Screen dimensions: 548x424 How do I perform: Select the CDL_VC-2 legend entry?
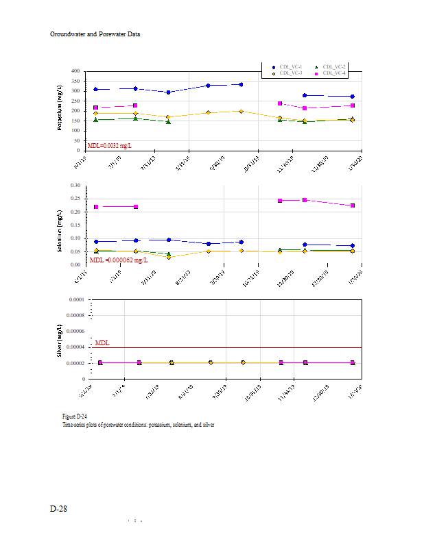(x=334, y=66)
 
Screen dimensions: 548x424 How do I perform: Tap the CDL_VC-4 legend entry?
(x=334, y=73)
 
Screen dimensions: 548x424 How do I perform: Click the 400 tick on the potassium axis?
(x=76, y=71)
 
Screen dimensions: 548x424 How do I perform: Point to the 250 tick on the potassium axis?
(x=76, y=100)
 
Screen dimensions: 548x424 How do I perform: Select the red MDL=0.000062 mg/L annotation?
(x=119, y=260)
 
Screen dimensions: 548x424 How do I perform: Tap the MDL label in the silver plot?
(x=102, y=342)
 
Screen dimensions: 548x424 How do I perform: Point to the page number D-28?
(x=58, y=509)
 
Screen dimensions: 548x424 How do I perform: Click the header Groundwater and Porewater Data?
(x=95, y=34)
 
